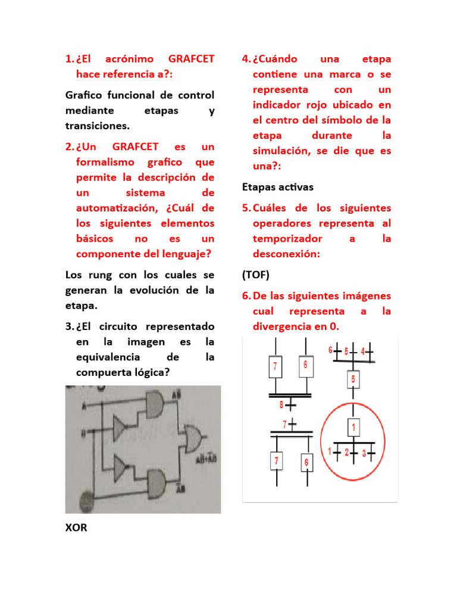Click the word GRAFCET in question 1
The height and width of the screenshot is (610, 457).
(191, 59)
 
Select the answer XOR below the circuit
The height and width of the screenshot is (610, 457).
(76, 528)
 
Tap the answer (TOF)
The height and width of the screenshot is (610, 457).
(256, 275)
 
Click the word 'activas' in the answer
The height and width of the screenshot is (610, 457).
(293, 187)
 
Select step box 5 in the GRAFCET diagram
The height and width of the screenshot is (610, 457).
(353, 379)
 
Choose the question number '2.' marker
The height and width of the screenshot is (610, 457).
(69, 147)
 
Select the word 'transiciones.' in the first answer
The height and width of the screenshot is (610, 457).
(97, 126)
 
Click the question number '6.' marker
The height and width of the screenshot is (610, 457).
(246, 296)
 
